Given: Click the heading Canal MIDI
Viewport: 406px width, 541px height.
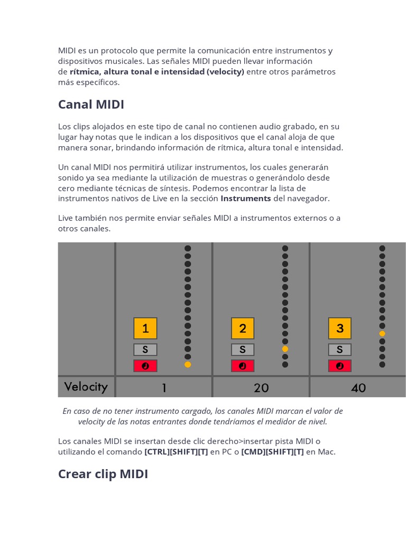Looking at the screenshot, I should (91, 105).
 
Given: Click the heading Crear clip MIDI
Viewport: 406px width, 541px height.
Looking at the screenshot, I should (103, 474).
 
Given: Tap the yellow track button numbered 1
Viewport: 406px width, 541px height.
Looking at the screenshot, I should (145, 328).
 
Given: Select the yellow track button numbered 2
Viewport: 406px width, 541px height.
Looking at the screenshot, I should (243, 328).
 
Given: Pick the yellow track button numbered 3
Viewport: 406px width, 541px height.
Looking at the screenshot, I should (340, 328).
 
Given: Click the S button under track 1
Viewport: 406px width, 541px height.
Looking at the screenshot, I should (145, 350).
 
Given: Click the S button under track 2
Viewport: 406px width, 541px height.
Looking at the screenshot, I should (243, 350).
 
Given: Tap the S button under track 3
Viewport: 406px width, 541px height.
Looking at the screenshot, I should (340, 350).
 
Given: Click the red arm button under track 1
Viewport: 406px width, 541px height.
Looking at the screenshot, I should (145, 366).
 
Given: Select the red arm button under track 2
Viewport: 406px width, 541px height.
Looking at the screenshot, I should (243, 366).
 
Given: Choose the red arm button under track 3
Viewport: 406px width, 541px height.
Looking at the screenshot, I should (340, 366).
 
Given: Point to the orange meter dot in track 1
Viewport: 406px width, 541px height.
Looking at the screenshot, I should (188, 365).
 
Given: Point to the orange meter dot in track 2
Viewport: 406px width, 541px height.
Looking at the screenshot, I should (285, 349).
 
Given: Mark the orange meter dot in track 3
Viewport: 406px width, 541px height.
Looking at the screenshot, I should (382, 333).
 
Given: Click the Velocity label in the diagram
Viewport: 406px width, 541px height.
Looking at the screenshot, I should (86, 387).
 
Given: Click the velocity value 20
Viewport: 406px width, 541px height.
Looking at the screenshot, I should (261, 388).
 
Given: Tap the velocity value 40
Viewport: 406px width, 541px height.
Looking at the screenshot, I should (358, 388).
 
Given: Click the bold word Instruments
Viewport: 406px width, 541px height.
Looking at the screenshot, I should (245, 198).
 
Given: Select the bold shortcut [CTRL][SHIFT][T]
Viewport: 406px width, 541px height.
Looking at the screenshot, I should (176, 452).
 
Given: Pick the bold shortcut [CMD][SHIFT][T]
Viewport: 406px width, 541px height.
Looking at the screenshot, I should (272, 452).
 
